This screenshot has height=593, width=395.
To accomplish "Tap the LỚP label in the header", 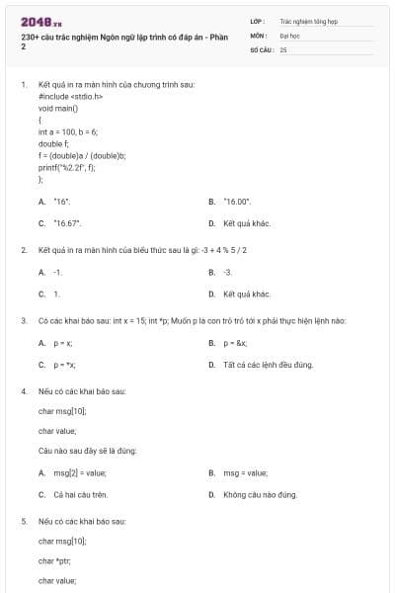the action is (x=259, y=20).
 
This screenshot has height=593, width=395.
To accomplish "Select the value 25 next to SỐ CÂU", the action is (x=283, y=48).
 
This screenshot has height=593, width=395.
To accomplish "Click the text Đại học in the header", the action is (x=289, y=35).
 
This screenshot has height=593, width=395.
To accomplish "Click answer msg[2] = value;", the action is (x=79, y=472).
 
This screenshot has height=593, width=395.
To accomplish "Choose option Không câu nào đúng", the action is (x=260, y=494).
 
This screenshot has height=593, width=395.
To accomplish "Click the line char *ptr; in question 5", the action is (x=55, y=560).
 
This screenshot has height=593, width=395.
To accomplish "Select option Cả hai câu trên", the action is (x=80, y=494).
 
